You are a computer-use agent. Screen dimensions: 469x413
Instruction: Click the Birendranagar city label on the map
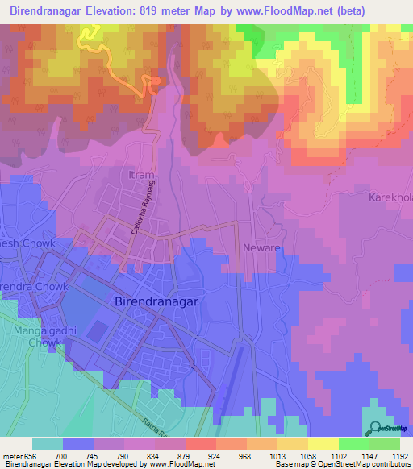click(x=152, y=298)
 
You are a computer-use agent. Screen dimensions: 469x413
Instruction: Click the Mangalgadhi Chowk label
click(x=37, y=336)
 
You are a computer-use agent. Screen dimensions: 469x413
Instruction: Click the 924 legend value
click(x=214, y=455)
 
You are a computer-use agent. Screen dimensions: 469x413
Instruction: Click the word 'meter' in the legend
click(x=12, y=455)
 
